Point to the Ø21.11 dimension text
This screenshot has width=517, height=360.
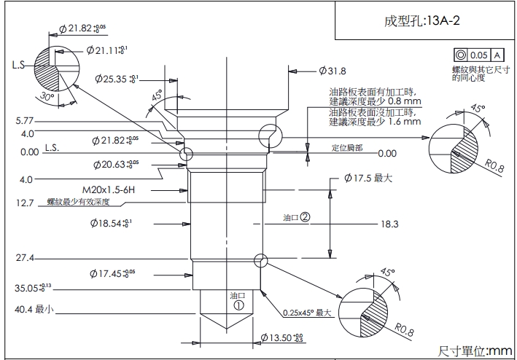point(106,50)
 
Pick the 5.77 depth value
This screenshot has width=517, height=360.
point(25,121)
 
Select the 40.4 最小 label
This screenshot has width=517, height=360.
point(35,310)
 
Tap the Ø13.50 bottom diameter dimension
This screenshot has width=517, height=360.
point(281,338)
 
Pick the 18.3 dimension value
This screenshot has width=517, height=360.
point(389,224)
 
